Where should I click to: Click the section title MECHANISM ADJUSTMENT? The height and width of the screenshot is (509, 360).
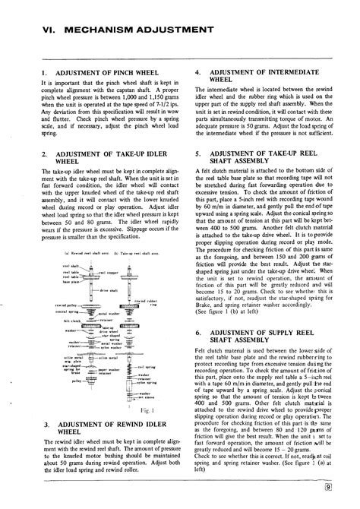coord(144,30)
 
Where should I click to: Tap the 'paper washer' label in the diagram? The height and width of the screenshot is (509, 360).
coord(109,370)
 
